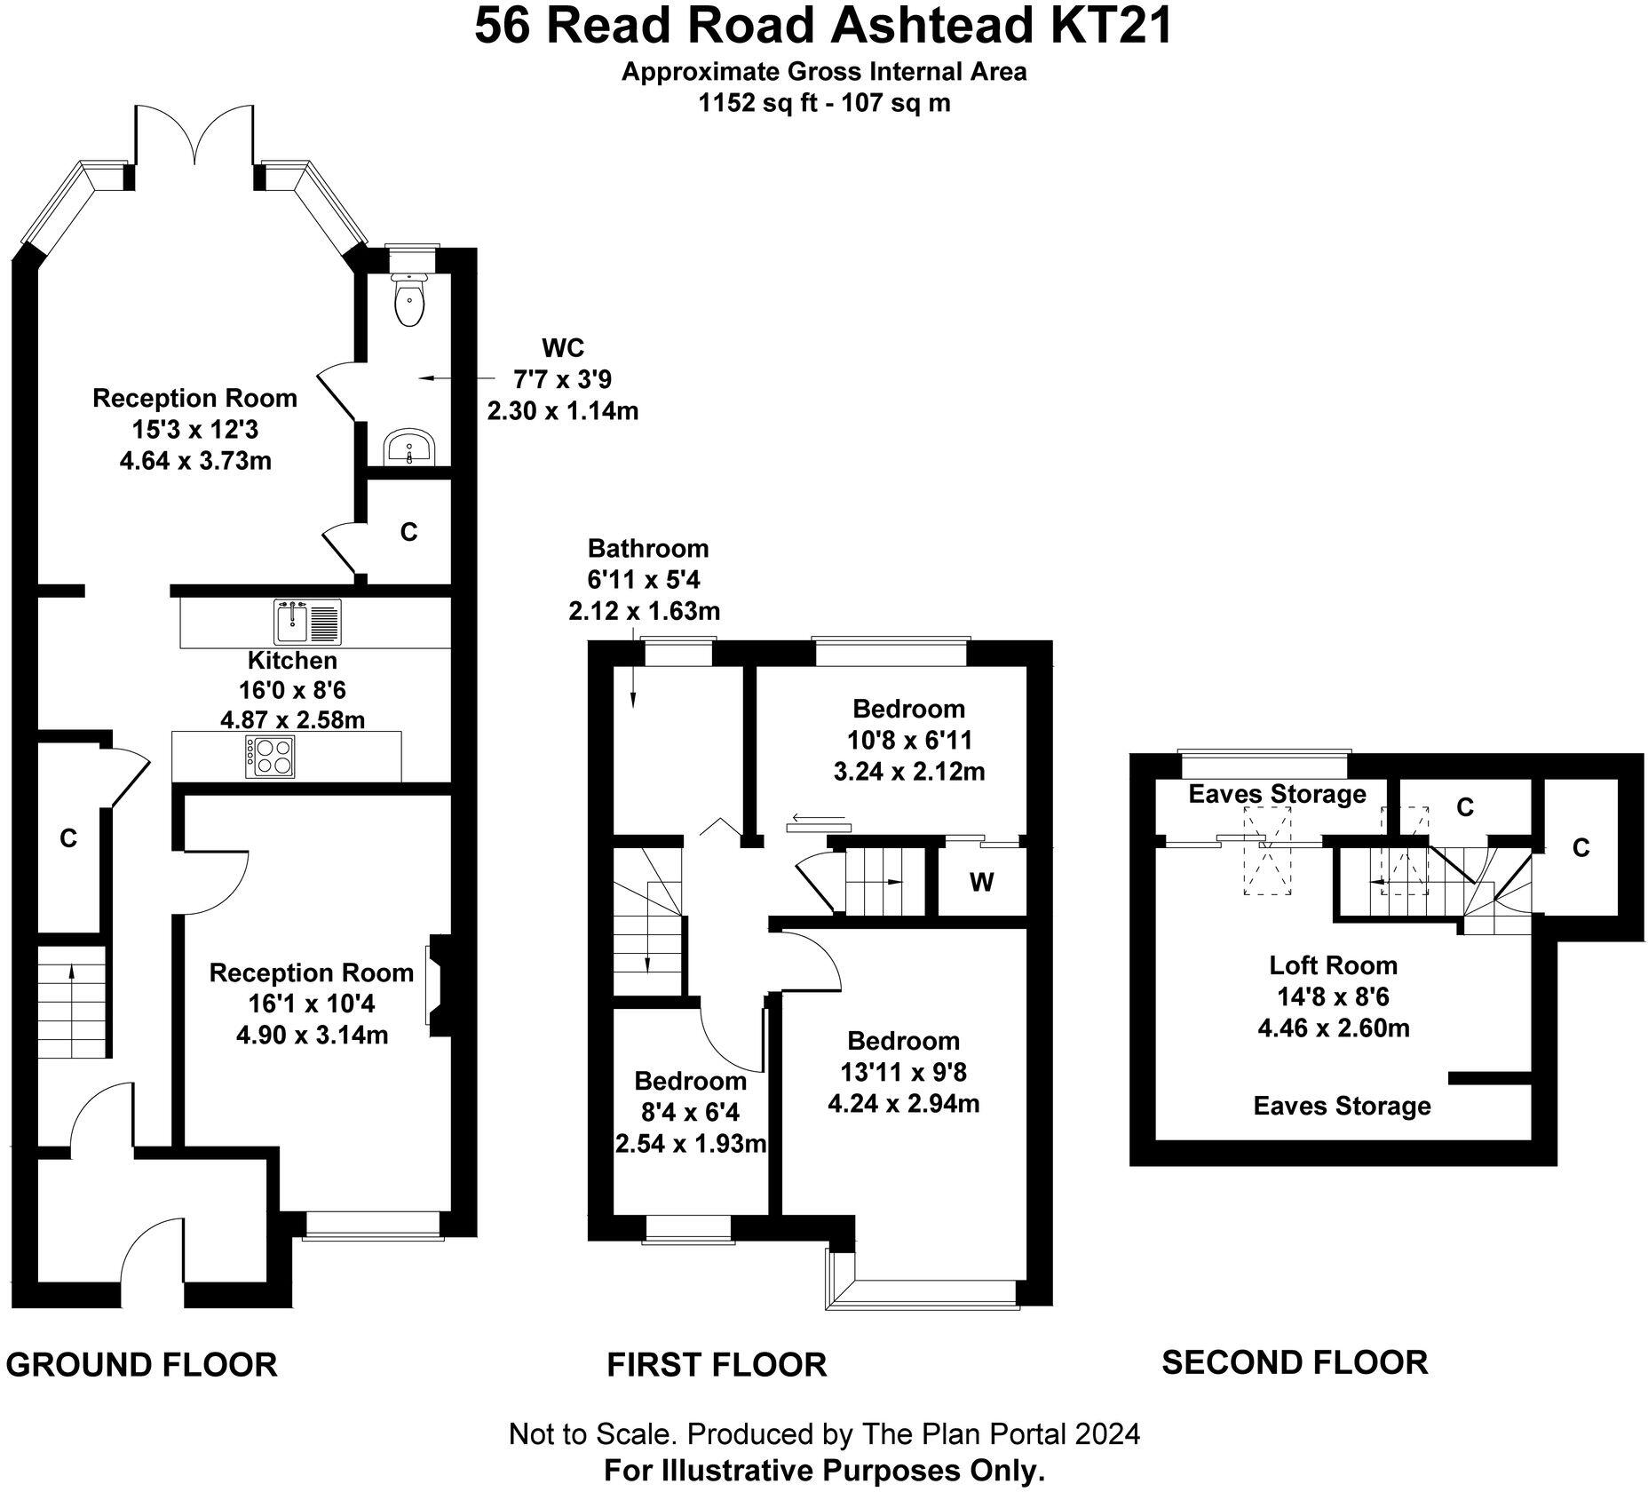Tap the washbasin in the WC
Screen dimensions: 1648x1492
[409, 446]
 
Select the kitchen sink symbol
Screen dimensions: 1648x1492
[307, 622]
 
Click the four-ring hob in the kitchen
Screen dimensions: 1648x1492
[271, 757]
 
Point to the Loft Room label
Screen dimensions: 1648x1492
[1333, 964]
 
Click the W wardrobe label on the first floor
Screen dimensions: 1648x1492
[981, 882]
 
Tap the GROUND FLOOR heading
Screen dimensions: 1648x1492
[142, 1364]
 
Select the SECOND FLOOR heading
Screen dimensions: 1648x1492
[1295, 1361]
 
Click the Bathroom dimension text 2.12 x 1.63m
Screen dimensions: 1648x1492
[644, 611]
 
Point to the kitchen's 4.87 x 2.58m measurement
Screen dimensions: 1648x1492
[292, 718]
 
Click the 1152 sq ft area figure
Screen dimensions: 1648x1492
[748, 103]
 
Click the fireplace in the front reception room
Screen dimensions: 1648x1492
[439, 985]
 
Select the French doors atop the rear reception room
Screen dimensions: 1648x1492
[195, 138]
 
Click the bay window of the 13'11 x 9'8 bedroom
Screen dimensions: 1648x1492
[923, 1286]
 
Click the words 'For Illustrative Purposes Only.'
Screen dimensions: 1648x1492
[824, 1471]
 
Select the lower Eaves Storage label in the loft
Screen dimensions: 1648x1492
[1342, 1106]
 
